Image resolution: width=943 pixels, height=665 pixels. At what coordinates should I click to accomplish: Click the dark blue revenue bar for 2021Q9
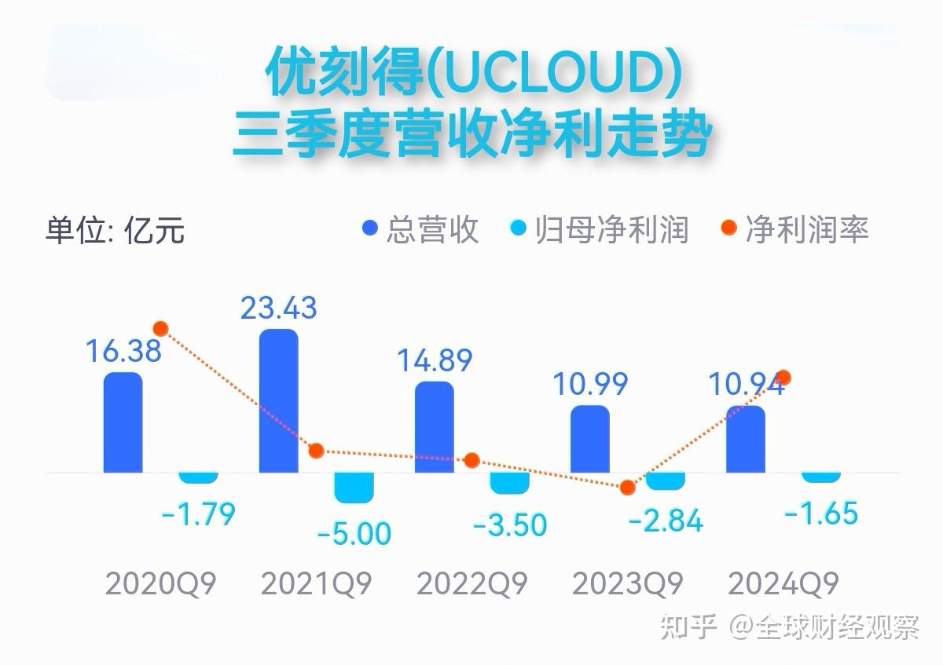click(278, 400)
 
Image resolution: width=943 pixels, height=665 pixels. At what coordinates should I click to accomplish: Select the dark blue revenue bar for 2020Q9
click(123, 422)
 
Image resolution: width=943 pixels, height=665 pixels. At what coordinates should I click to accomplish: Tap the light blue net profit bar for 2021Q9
click(354, 487)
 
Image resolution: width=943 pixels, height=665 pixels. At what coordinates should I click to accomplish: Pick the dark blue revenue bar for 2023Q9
click(589, 439)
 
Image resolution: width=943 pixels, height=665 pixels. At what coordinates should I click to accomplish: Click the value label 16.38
click(123, 350)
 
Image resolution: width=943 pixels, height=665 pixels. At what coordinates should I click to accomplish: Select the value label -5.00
click(354, 534)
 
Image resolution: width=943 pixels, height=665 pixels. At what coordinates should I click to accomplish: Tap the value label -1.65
click(820, 514)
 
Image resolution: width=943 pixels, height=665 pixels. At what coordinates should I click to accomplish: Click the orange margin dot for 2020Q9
click(161, 328)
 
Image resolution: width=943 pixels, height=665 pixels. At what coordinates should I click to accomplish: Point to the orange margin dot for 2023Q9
click(627, 488)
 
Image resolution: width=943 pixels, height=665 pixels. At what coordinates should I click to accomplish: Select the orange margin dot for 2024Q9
click(783, 378)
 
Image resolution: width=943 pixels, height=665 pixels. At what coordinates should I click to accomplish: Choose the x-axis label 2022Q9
click(472, 584)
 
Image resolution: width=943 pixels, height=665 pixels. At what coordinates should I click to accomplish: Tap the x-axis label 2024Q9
click(783, 584)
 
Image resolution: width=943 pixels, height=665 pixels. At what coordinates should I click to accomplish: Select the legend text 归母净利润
click(611, 230)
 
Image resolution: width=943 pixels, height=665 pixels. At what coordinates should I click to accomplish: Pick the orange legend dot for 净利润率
click(729, 229)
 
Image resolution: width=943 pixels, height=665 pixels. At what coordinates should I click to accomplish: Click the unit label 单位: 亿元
click(115, 231)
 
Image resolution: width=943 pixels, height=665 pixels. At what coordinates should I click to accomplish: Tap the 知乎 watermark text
click(688, 627)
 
